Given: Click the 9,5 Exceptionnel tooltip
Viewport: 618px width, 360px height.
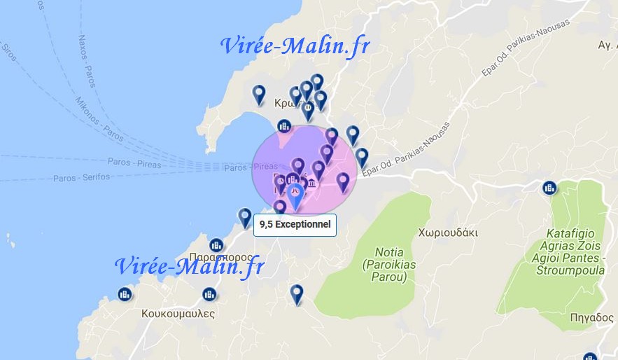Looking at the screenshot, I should click(x=295, y=226).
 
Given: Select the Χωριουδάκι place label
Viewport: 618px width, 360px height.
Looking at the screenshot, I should click(x=447, y=232).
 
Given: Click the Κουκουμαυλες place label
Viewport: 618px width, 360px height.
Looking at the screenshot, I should click(x=177, y=313).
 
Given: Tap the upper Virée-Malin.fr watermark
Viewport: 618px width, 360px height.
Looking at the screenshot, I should click(x=295, y=46).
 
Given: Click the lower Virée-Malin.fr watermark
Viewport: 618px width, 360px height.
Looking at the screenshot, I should click(x=189, y=266).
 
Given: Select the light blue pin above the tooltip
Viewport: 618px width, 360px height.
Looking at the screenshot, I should click(x=296, y=195).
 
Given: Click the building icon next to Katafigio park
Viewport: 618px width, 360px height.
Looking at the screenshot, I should click(x=549, y=188).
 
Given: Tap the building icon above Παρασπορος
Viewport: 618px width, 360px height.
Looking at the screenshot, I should click(x=216, y=245).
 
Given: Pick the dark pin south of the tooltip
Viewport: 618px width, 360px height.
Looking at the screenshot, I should click(x=297, y=293).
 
